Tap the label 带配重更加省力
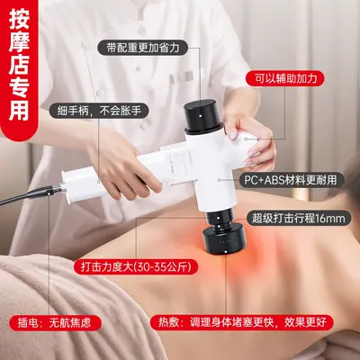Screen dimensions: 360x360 (143, 48)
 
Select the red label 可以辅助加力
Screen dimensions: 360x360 (285, 78)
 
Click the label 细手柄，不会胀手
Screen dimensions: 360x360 (99, 111)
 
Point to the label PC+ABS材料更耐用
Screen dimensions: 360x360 (291, 180)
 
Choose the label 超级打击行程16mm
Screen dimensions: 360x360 (298, 218)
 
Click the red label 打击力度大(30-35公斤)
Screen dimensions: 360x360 (136, 266)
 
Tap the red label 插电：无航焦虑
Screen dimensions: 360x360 (55, 323)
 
